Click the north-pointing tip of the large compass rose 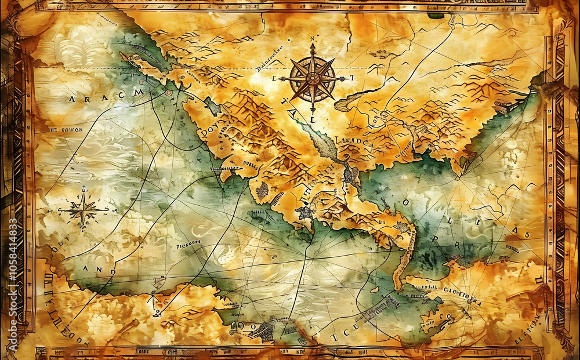click(312, 45)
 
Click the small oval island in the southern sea click(375, 288)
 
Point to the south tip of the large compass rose click(313, 110)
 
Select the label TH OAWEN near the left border click(66, 130)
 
